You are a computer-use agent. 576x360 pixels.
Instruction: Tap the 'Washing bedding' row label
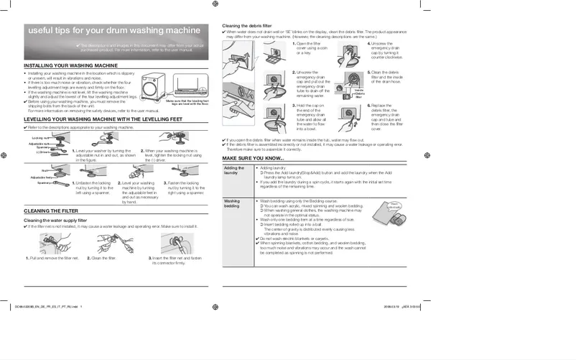233,204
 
